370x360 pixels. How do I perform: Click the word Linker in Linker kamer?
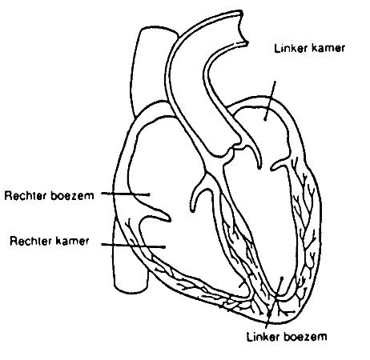coord(288,48)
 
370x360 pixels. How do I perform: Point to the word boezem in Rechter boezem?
coord(72,195)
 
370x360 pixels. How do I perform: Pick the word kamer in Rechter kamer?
coord(72,241)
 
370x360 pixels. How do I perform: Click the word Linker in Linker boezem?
coord(263,337)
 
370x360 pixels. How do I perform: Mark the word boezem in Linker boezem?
coord(305,337)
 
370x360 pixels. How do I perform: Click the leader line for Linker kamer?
coord(270,100)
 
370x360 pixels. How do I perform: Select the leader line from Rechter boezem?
coord(125,194)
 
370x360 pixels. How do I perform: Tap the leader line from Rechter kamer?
coord(133,246)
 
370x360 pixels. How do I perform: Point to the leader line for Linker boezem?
coord(274,303)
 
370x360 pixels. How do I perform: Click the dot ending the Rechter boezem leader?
coord(148,194)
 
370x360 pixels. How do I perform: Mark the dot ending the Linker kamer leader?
coord(265,119)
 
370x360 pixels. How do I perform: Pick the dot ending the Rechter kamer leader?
coord(164,247)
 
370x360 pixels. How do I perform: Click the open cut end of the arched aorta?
coord(243,26)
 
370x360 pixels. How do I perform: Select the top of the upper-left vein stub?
coord(158,29)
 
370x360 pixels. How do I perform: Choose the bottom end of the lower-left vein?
coord(131,290)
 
